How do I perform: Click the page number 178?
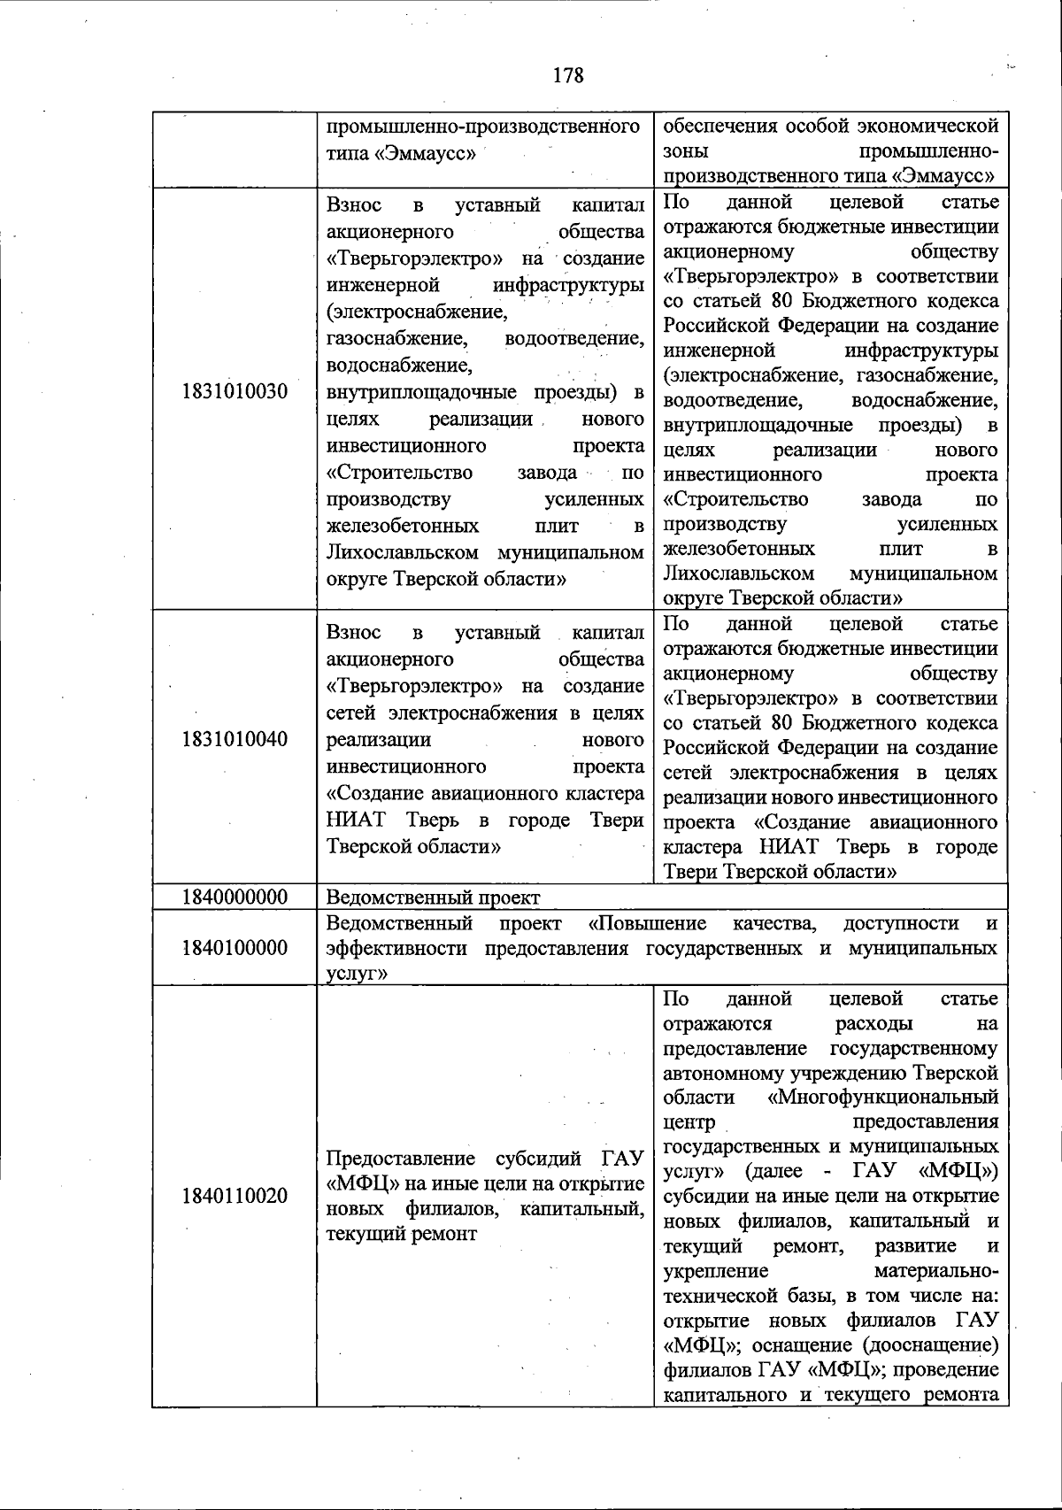tap(568, 75)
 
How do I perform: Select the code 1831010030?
tap(235, 391)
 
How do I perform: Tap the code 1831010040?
tap(235, 738)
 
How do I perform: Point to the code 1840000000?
tap(235, 898)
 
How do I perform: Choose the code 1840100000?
tap(235, 948)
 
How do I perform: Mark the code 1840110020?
tap(235, 1196)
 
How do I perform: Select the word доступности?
tap(901, 924)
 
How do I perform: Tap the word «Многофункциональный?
tap(884, 1098)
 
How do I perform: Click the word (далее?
tap(775, 1172)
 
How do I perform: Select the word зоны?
tap(686, 150)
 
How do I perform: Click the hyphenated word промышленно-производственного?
tap(483, 126)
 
